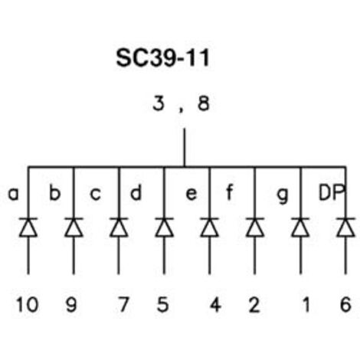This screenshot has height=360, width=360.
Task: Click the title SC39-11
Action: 163,58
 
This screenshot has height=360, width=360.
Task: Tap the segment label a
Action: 14,194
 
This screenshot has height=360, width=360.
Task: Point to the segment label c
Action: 96,194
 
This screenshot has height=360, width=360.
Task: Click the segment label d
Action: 136,192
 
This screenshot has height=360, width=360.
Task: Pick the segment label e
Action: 191,194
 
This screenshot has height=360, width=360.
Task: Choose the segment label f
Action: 230,192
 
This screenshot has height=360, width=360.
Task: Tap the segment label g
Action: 283,196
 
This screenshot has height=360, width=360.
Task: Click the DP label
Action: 332,192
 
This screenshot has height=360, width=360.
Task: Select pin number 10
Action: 28,304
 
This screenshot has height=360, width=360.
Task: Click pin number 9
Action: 71,304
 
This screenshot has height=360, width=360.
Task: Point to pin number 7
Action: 123,304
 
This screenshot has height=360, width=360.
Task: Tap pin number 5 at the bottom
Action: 163,304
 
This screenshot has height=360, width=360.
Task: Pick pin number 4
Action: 215,304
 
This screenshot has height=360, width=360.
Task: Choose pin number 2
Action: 254,304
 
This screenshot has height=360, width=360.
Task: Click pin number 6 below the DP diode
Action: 345,304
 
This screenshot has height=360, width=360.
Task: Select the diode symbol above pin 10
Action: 28,227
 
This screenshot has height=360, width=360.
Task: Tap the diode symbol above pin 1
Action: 300,227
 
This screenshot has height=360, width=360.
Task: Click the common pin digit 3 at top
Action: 159,103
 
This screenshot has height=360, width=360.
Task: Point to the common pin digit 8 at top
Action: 204,103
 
